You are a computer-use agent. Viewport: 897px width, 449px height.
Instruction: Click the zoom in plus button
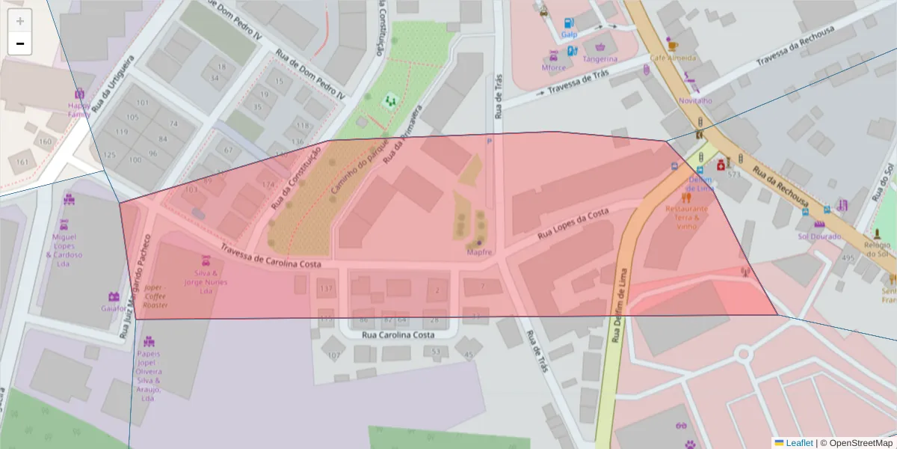(x=20, y=21)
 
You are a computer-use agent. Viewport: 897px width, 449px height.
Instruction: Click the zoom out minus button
(x=20, y=44)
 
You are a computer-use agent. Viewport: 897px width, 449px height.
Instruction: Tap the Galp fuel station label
(x=570, y=34)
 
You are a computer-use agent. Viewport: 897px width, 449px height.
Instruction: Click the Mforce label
(x=554, y=67)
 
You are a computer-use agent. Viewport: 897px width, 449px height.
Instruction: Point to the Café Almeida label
(x=672, y=58)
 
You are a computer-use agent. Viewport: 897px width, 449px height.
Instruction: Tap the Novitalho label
(x=694, y=100)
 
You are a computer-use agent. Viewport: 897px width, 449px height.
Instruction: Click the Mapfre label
(x=479, y=252)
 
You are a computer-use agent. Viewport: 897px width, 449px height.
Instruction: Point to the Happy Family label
(x=79, y=110)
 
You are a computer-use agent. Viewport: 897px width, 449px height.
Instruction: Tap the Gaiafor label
(x=114, y=308)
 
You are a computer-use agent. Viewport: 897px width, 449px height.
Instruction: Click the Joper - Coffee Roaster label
(x=155, y=296)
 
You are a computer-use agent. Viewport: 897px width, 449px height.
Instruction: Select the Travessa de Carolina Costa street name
(x=271, y=257)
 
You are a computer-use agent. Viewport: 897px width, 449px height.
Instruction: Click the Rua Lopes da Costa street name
(x=573, y=224)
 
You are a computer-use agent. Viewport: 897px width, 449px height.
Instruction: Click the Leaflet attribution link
(x=793, y=443)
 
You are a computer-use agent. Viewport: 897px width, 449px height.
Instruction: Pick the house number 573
(x=733, y=174)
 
